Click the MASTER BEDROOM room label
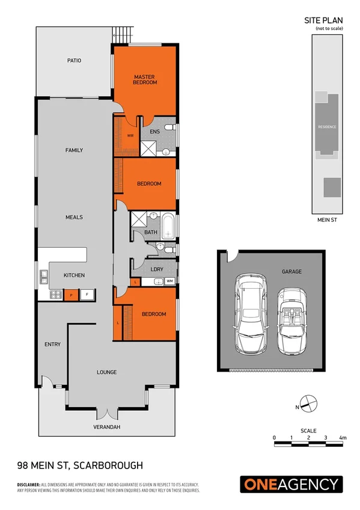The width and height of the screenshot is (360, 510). pos(145,79)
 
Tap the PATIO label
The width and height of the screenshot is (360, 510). pos(74,60)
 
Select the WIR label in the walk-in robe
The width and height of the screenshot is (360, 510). pos(130,135)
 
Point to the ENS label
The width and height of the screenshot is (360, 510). pos(154,131)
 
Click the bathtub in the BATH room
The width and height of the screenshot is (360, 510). pos(168,225)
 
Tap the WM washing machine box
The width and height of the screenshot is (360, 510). pos(169,281)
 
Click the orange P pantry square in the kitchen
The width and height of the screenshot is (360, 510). pos(71,295)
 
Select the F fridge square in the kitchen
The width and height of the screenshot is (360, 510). pos(87,295)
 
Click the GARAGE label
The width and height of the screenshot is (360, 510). pos(291,271)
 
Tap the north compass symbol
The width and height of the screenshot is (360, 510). pos(307,405)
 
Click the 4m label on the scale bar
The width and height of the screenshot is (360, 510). pos(343,437)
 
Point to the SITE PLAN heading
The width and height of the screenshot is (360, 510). pos(324,20)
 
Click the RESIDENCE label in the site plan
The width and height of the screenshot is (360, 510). pos(327,127)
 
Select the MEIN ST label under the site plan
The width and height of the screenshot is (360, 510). pos(327,220)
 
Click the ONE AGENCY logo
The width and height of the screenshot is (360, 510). pos(291,484)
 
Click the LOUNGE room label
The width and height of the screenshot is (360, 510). pos(107,372)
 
